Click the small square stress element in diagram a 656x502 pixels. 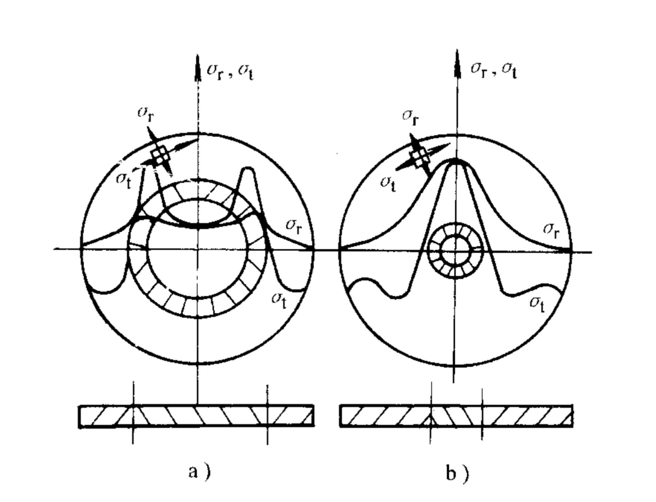[160, 156]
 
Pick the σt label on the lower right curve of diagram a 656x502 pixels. [279, 297]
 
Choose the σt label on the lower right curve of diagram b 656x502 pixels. [539, 301]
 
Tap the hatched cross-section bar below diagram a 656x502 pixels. [196, 416]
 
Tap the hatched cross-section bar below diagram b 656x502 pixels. [456, 416]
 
